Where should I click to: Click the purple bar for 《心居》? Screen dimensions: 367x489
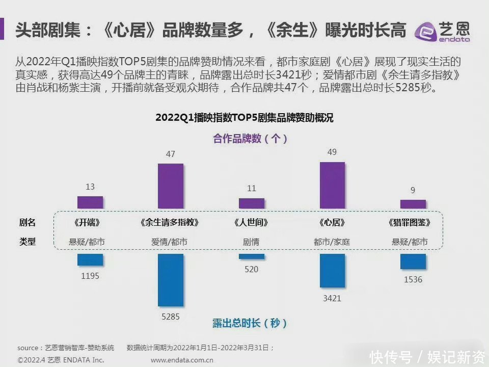point(332,185)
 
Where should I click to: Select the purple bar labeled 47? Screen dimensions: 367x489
point(171,186)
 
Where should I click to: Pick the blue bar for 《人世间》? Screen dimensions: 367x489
point(252,256)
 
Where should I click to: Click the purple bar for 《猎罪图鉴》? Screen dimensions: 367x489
point(413,204)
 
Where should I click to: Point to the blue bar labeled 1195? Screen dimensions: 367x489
point(90,260)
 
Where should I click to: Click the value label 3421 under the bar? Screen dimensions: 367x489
point(332,298)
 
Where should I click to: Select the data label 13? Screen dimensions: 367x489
point(90,187)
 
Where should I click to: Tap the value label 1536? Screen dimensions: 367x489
point(413,279)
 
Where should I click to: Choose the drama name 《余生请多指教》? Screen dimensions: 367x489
point(169,223)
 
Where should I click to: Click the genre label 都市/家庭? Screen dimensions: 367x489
point(332,242)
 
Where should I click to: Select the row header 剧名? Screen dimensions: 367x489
point(28,223)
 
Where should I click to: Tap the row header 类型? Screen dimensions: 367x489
point(28,242)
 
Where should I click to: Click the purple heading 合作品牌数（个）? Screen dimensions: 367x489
point(250,139)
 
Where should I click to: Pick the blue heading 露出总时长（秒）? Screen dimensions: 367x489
point(250,323)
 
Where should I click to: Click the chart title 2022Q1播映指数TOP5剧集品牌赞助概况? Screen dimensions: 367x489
point(244,118)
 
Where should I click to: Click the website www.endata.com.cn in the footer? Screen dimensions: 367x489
point(182,360)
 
